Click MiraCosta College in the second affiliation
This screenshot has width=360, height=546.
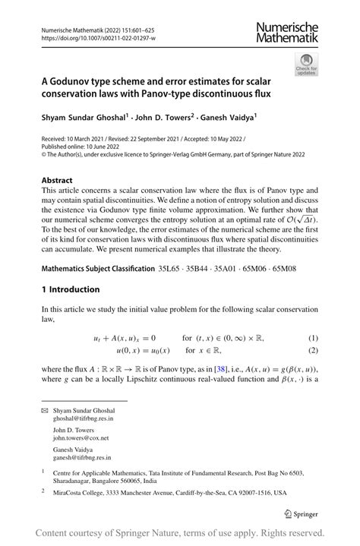point(84,492)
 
